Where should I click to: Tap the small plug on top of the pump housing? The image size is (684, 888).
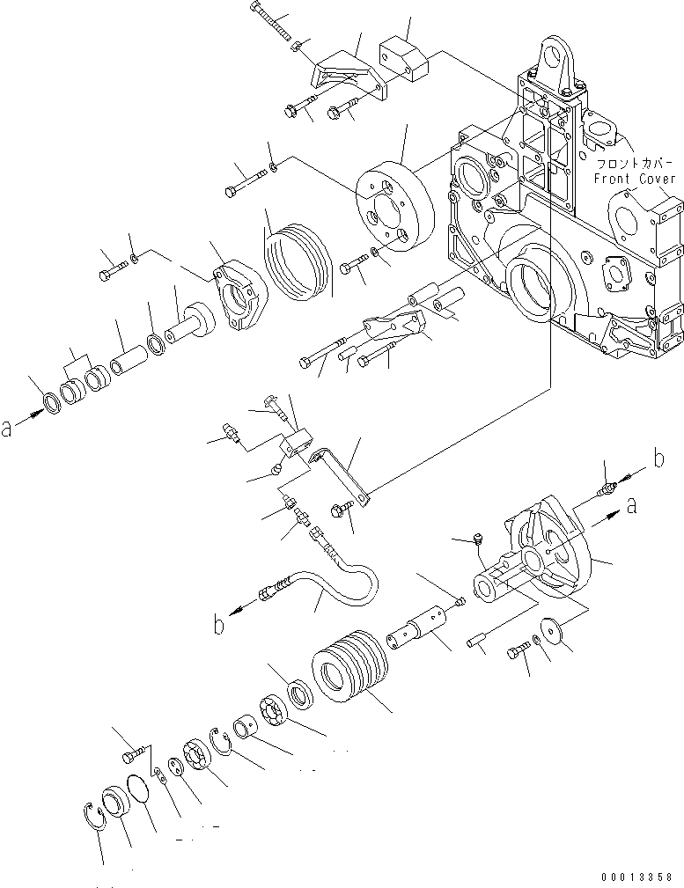coord(476,537)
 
